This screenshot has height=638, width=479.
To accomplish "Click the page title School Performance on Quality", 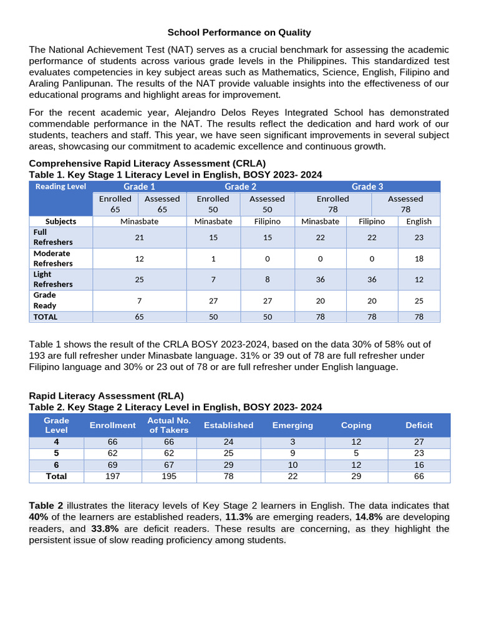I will pos(239,32).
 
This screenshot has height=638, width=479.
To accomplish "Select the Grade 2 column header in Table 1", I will pos(241,186).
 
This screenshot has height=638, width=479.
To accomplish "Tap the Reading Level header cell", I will pos(60,186).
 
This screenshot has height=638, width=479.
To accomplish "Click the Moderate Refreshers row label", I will pos(53,259).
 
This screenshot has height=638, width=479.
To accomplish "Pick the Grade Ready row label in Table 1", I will pos(45,300).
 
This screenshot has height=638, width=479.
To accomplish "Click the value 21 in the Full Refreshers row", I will pos(140,237).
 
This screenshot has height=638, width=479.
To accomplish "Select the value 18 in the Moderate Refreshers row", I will pos(419,259).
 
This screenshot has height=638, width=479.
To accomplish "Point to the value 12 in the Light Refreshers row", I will pos(419,280).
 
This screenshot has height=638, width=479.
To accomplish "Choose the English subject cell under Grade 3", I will pos(419,221).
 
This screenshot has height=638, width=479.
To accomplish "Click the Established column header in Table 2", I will pos(228,425).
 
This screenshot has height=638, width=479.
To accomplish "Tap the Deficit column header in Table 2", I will pos(419,425).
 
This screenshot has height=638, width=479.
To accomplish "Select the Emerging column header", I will pos(293,425).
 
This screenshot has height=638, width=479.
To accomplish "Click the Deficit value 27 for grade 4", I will pos(419,442).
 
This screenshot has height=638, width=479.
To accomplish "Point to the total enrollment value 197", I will pos(112,476).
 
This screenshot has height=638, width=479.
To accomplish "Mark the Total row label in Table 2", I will pos(56,476).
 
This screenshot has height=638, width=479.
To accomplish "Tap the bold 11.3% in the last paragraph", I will pos(239,517).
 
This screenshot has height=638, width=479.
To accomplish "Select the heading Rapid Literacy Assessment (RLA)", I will pos(107,396).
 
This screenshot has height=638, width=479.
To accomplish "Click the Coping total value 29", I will pos(356,476).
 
